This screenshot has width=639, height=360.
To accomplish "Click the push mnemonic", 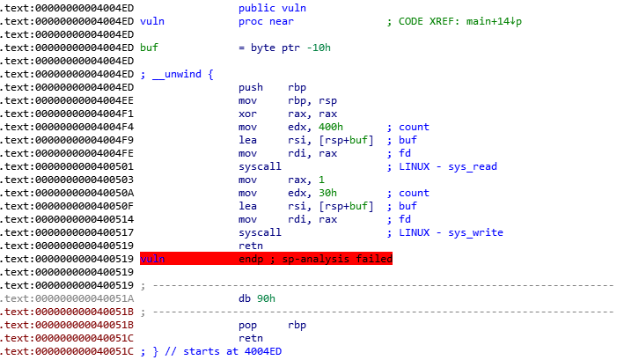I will [251, 87].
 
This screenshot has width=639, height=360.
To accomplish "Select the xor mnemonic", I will [248, 114].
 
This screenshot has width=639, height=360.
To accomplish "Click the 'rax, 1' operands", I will [305, 180].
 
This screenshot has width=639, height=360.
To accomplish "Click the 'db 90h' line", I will [257, 298].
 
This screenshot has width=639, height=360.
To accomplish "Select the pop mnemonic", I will [248, 325].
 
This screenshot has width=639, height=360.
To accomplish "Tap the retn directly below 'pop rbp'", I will [251, 338].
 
